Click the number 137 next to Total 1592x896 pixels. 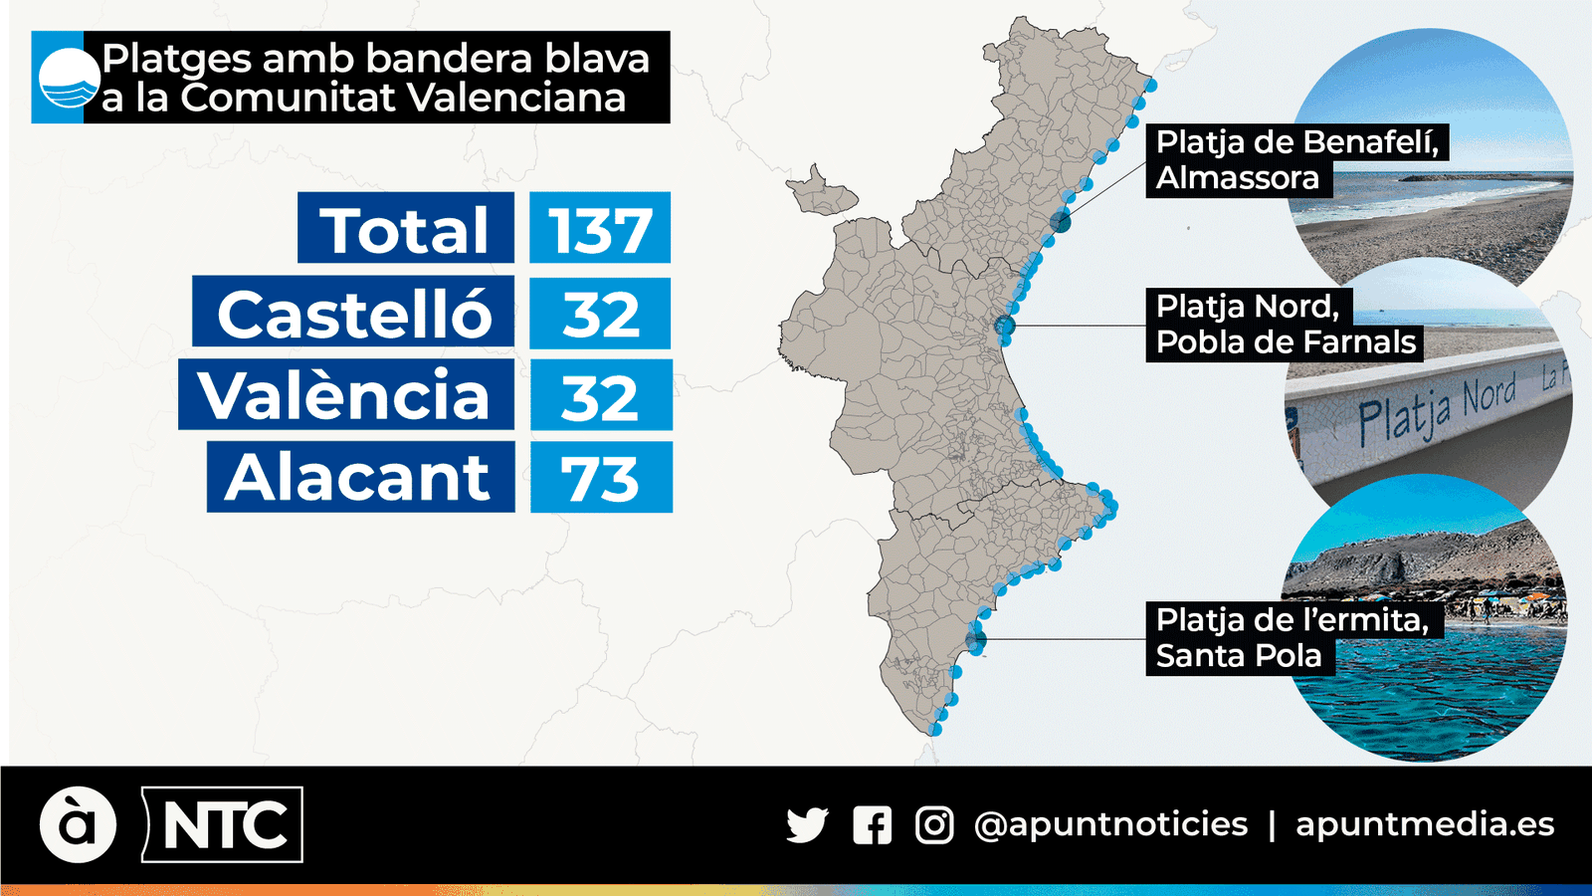pos(600,228)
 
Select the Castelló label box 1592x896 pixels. pos(353,312)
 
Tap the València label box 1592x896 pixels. pos(345,395)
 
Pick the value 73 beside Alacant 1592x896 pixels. pos(601,478)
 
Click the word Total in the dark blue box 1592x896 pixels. pos(405,228)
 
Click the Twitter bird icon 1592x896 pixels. pos(806,825)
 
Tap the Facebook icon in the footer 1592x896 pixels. pos(872,825)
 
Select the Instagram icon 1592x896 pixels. pos(934,825)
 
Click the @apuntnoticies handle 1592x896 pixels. pos(1110,824)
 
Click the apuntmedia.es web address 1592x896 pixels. pos(1425,824)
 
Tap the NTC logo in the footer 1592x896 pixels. pos(223,824)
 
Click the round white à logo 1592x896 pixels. pos(78,824)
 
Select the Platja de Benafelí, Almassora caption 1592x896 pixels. pos(1296,160)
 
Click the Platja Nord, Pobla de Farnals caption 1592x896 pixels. pos(1285,325)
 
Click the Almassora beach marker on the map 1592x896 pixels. pos(1061,222)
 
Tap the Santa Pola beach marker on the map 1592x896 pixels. pos(976,639)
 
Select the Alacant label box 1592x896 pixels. pos(360,478)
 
